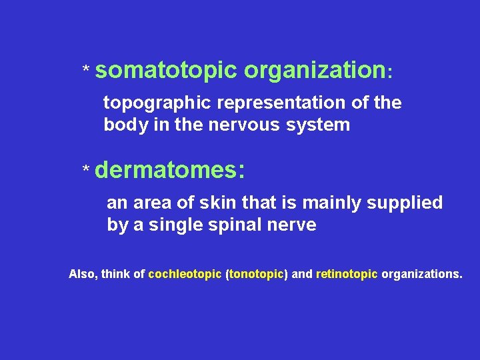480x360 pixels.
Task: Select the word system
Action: pos(317,125)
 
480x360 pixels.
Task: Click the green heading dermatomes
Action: pos(170,171)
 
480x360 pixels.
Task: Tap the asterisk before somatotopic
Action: pos(85,70)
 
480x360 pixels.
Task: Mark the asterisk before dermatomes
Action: pos(85,172)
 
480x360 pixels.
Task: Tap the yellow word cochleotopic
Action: pos(185,274)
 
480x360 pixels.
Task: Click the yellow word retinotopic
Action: pos(347,274)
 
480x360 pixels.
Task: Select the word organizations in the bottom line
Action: pos(421,274)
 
